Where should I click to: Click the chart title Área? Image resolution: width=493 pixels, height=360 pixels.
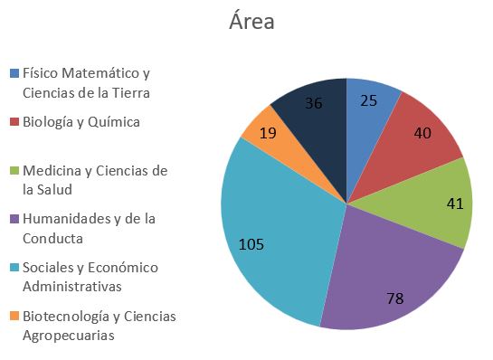(251, 21)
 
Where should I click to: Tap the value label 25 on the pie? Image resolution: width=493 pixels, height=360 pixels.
(368, 100)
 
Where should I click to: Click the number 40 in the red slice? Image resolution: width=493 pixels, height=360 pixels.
(422, 133)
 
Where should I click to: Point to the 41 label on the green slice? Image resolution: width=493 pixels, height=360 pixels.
(455, 204)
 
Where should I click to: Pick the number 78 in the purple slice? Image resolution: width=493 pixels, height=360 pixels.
(395, 298)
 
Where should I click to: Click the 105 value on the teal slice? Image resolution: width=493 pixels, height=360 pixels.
(251, 244)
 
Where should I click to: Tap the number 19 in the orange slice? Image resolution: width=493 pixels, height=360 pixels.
(268, 133)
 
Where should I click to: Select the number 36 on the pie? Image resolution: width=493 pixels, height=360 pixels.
(314, 103)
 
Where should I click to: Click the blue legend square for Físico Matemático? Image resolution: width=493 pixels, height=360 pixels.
(14, 73)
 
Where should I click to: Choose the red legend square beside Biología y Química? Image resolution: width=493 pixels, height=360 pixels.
(14, 122)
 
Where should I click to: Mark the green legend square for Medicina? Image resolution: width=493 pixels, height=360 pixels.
(14, 171)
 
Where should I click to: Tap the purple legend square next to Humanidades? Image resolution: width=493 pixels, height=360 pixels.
(14, 219)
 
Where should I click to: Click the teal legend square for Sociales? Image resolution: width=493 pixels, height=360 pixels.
(14, 268)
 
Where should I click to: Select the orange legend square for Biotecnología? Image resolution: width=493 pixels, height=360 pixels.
(14, 316)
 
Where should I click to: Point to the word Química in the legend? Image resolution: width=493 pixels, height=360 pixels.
(113, 122)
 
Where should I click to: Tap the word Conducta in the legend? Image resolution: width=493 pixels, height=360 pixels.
(52, 238)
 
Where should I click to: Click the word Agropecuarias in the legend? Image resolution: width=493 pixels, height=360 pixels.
(69, 336)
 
